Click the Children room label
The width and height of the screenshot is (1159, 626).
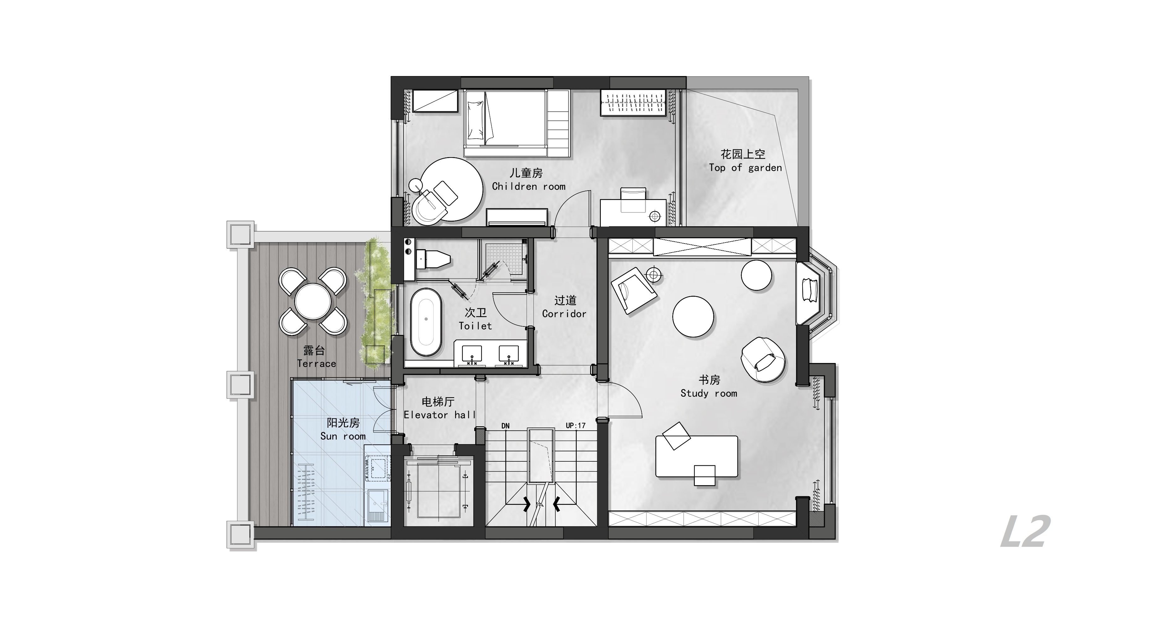point(529,186)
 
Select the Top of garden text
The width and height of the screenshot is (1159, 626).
point(746,168)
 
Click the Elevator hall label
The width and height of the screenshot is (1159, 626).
point(439,415)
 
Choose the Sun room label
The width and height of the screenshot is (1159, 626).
point(343,436)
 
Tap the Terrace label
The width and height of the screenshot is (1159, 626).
point(316,363)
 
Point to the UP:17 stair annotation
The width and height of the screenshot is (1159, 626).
point(575,425)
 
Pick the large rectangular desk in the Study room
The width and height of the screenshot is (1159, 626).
point(696,456)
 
